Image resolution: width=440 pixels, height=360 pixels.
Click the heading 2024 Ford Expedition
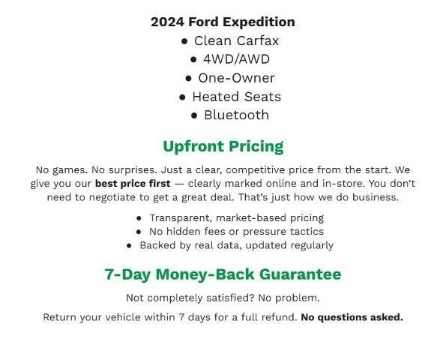[223, 22]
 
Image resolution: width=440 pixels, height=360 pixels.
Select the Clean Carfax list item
[236, 40]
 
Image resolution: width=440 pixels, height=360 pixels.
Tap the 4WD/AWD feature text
[236, 58]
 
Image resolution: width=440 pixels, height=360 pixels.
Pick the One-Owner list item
[236, 77]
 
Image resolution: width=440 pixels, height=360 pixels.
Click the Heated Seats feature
[236, 96]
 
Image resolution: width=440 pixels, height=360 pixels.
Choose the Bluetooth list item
[236, 115]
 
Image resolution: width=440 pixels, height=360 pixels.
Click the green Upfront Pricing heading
[223, 146]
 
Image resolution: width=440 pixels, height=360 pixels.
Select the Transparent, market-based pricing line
[236, 217]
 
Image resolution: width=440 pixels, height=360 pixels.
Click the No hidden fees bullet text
[236, 231]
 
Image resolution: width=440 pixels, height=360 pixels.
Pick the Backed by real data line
[236, 244]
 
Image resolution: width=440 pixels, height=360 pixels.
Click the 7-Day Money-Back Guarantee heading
[223, 274]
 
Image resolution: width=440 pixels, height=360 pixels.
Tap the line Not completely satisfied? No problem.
[223, 298]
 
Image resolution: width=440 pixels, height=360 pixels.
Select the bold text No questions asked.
[352, 317]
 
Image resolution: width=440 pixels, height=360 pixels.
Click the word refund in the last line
[277, 317]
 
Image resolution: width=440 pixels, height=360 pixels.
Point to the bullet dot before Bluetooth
[194, 115]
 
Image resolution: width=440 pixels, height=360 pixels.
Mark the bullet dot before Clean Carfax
[184, 41]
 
